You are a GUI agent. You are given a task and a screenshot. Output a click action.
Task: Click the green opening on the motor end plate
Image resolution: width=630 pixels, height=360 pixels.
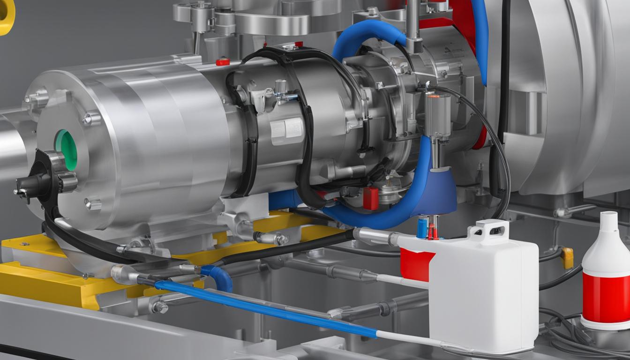point(66,150)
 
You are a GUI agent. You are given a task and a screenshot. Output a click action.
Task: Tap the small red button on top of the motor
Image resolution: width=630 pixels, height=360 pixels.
point(223,61)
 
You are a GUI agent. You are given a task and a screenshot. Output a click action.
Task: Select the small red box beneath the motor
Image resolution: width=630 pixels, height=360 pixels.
point(370,198)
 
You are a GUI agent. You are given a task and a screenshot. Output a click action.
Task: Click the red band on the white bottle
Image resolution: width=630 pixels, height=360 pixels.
point(606,298)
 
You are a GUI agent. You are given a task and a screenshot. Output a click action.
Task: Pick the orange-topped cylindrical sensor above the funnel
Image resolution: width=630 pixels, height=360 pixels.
point(438,108)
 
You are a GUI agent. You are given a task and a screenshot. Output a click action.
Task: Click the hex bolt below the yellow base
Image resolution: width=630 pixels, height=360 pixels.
point(160,307)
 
